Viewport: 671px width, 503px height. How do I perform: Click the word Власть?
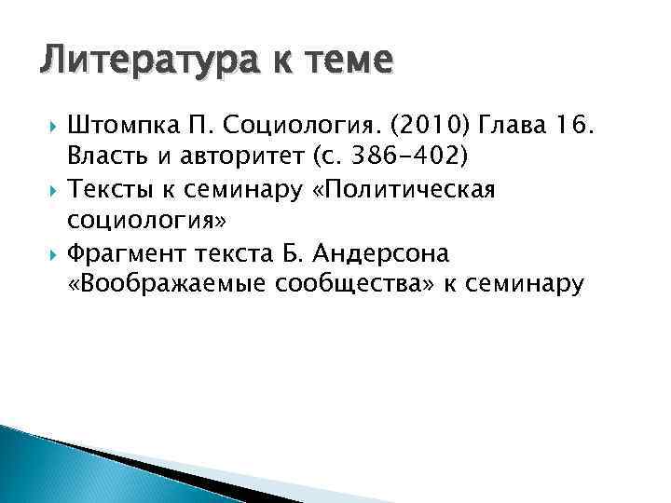tap(104, 152)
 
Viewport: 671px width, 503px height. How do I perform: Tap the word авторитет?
tap(231, 152)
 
